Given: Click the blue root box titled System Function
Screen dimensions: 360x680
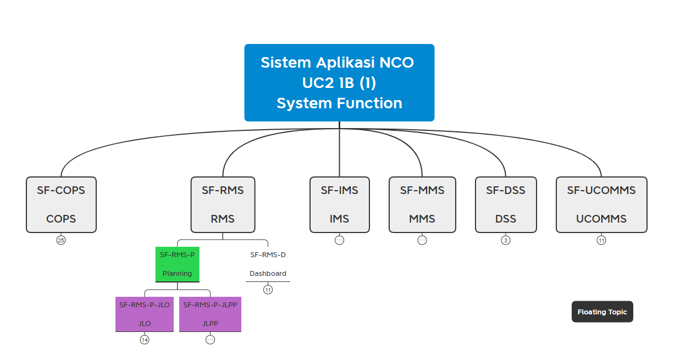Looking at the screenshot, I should click(x=339, y=82).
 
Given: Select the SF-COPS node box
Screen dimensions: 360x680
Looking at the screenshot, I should click(x=61, y=204).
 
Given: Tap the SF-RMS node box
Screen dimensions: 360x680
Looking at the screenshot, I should click(x=223, y=204).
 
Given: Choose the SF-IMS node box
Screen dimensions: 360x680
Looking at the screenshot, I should click(x=339, y=204).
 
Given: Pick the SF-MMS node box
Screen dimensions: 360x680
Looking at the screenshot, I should click(x=422, y=204).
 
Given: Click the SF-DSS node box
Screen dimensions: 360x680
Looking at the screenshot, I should click(x=506, y=204).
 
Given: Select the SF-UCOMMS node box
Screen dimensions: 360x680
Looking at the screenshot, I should click(x=601, y=204).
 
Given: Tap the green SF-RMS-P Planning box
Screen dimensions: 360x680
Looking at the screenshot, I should click(x=177, y=264).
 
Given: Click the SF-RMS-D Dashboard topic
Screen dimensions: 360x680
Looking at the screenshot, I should click(x=268, y=264).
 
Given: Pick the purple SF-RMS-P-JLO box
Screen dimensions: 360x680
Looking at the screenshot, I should click(x=145, y=314).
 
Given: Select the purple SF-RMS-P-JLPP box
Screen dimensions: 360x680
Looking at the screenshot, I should click(x=210, y=314).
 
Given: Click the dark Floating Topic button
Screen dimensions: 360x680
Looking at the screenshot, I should click(x=602, y=312).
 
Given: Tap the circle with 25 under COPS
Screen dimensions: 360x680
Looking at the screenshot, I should click(x=61, y=240).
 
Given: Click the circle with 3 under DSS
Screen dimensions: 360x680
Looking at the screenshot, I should click(x=506, y=240).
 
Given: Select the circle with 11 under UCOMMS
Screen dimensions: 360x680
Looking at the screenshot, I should click(x=601, y=240).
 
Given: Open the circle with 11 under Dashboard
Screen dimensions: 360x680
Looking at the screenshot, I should click(x=268, y=290).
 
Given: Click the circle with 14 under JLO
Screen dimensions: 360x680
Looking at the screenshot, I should click(x=145, y=340).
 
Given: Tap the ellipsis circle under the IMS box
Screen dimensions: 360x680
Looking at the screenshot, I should click(x=339, y=240).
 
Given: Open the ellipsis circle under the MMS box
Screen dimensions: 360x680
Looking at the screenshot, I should click(x=422, y=240).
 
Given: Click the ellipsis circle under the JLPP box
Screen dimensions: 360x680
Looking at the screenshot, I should click(x=210, y=340).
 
